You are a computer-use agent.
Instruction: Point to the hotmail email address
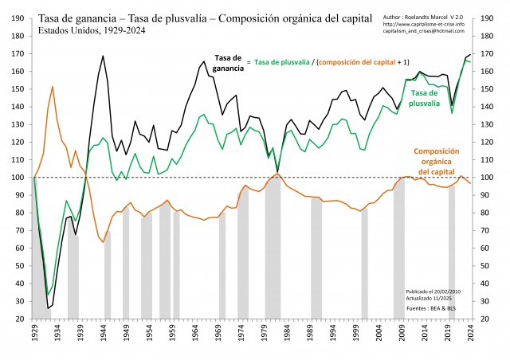point(421,30)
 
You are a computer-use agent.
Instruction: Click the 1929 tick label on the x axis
point(35,332)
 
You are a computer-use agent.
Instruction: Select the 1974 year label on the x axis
point(241,332)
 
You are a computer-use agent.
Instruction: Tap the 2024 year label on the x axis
point(470,332)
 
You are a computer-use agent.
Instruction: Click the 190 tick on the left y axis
point(18,17)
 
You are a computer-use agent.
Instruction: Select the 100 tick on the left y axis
point(18,177)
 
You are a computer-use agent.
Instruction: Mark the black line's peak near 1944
point(103,56)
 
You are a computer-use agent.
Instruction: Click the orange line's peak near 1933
point(53,86)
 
